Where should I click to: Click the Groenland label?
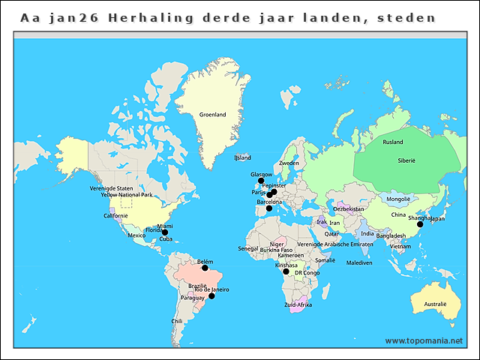(x=212, y=115)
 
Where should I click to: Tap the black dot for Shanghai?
(x=420, y=224)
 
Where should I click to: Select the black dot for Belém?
(x=205, y=268)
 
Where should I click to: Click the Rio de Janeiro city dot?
(x=211, y=296)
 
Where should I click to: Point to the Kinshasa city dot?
(x=286, y=271)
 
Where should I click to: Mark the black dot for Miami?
(x=165, y=232)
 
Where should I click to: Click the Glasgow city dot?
(x=261, y=181)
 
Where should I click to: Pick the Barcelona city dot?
(x=269, y=208)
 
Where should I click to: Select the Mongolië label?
(x=398, y=199)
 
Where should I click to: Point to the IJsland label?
(x=242, y=158)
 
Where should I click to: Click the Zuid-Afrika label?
(x=298, y=305)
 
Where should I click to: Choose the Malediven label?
(x=359, y=263)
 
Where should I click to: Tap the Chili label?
(x=177, y=321)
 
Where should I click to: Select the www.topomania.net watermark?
(x=424, y=340)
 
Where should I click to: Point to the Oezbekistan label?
(x=348, y=209)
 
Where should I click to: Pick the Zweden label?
(x=289, y=163)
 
